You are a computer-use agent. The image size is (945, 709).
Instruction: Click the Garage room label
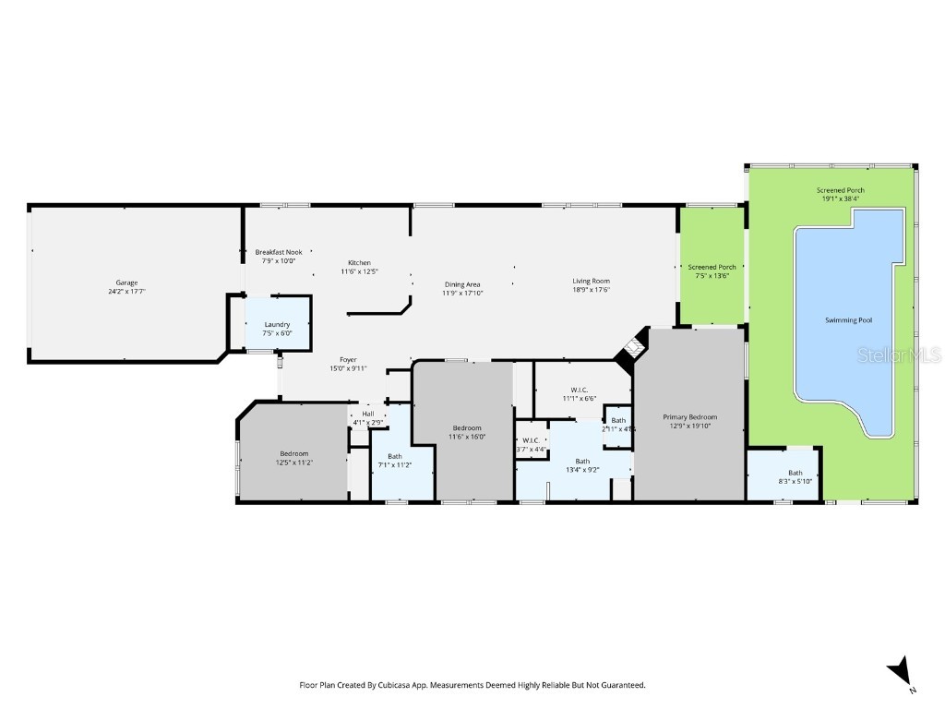126,282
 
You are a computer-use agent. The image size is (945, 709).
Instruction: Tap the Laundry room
277,325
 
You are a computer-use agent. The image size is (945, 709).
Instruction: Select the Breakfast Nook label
278,252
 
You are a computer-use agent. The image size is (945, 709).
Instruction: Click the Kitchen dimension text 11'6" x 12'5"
360,271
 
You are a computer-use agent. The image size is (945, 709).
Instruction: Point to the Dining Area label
462,284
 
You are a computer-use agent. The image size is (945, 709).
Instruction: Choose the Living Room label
591,281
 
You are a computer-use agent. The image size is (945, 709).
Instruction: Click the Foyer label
348,360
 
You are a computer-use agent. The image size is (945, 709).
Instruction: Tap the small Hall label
368,414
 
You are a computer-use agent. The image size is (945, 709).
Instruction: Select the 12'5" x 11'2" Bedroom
293,453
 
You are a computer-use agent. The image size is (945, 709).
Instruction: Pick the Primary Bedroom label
689,417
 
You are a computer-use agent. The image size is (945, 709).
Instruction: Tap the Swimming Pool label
847,320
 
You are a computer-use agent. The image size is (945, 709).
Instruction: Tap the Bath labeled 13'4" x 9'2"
582,465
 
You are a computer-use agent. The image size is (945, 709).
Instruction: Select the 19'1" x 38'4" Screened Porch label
840,190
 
